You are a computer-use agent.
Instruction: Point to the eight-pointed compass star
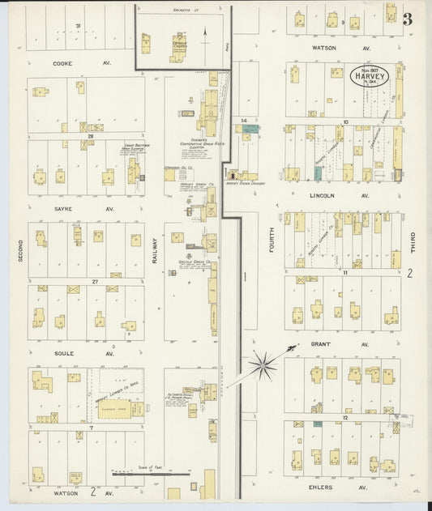click(262, 366)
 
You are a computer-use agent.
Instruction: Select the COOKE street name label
click(62, 62)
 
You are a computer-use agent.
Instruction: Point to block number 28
click(92, 137)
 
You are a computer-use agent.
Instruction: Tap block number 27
click(95, 281)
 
